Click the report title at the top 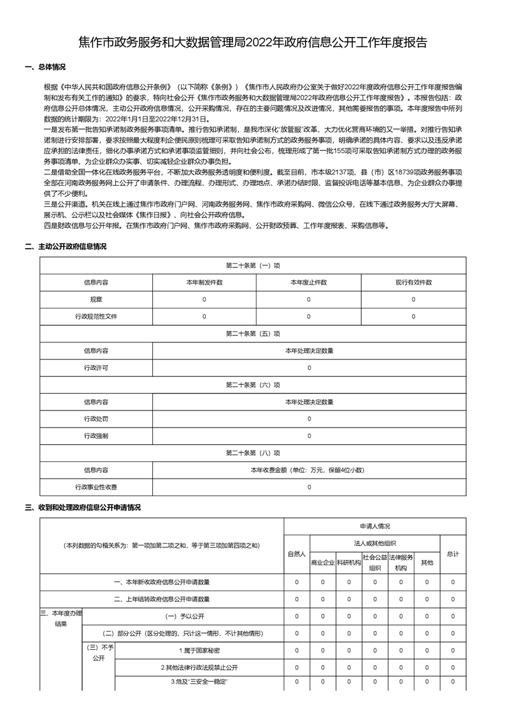point(252,43)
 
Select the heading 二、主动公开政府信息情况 point(66,246)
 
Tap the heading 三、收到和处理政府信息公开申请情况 point(82,507)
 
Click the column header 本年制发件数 point(204,282)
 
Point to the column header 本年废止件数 point(309,282)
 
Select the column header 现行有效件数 point(413,282)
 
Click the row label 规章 point(96,299)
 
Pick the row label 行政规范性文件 point(96,316)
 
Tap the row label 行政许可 point(96,368)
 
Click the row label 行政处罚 point(96,419)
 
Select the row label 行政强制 point(96,436)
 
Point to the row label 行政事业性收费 point(96,487)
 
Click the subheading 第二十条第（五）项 point(253,333)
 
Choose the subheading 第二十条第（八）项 point(253,453)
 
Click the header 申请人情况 point(374,526)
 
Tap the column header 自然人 point(297,554)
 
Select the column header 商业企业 point(323,563)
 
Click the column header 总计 point(453,554)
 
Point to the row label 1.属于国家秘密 point(199,650)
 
